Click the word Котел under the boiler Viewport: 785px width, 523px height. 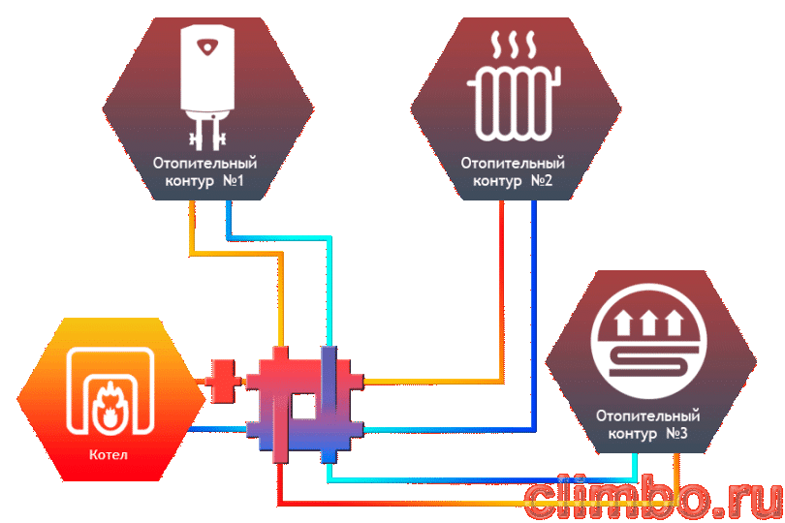[x=109, y=454]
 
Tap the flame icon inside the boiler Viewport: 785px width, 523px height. [x=109, y=406]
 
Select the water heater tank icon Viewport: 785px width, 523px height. [x=207, y=87]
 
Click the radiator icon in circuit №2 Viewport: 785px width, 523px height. [x=515, y=104]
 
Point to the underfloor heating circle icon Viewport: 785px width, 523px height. [x=647, y=340]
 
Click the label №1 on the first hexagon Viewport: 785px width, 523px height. [x=233, y=180]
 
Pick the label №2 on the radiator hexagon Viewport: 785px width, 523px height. [x=541, y=180]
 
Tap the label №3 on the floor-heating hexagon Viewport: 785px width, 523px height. [x=676, y=433]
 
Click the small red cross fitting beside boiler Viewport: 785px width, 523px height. [x=222, y=382]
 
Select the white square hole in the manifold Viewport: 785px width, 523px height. [x=303, y=406]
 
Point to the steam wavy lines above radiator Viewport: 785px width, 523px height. [x=515, y=46]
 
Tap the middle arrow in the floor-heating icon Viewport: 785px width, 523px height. [x=648, y=323]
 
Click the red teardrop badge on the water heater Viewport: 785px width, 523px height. [x=207, y=47]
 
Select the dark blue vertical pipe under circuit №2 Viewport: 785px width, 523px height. [x=534, y=316]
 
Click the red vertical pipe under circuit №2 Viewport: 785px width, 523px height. [x=502, y=291]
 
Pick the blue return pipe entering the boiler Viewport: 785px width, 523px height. [x=217, y=429]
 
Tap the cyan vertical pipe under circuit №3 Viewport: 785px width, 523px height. [x=635, y=467]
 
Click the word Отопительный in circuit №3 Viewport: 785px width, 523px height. [x=647, y=415]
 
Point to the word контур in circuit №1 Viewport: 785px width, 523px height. [x=189, y=181]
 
